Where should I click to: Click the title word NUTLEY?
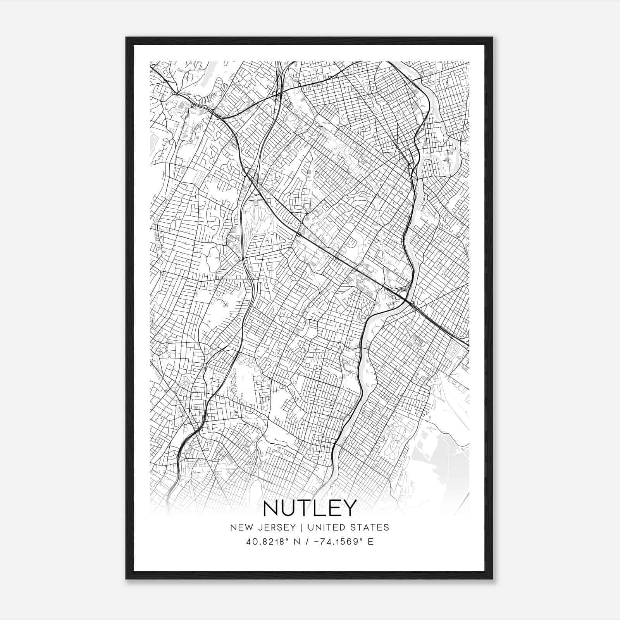tap(309, 508)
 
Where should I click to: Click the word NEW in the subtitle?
tap(241, 527)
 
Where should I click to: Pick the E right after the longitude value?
tap(371, 542)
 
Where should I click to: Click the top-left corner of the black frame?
tap(127, 38)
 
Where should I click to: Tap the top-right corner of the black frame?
tap(492, 38)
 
